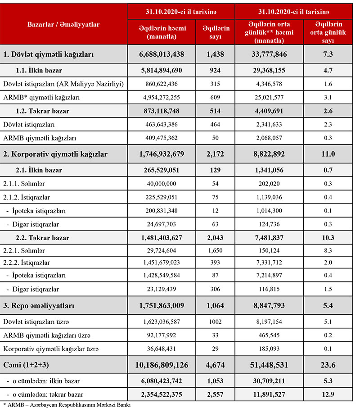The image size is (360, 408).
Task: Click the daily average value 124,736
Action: [x=269, y=224]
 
